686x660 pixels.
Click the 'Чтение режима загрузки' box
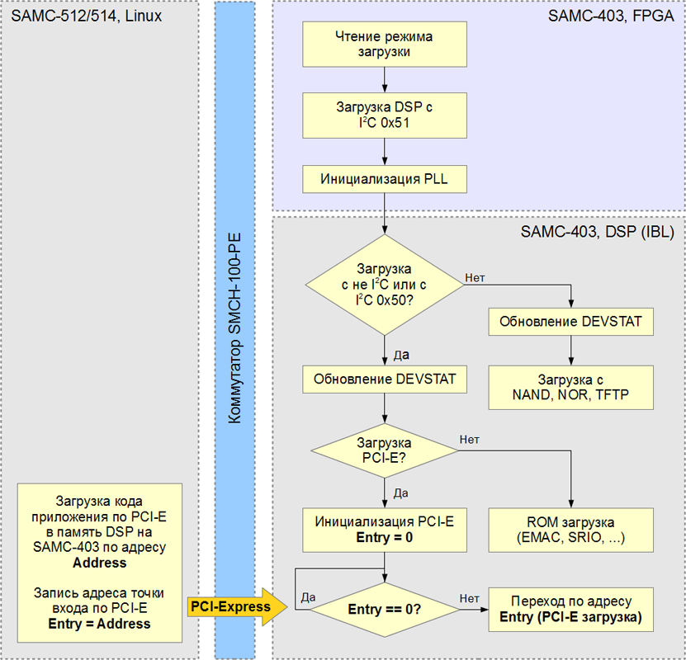coord(385,45)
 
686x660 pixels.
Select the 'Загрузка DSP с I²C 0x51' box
coord(385,115)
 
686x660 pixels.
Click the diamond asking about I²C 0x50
coord(385,285)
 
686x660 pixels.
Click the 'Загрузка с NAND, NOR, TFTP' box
coord(571,388)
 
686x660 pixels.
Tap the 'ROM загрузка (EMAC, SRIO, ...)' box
coord(571,530)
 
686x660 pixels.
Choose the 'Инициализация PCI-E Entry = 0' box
coord(385,530)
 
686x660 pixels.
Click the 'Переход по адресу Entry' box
coord(571,608)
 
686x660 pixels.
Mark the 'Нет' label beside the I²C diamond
coord(475,278)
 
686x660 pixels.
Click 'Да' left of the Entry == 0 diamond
coord(307,596)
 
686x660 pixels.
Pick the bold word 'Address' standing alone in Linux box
coord(99,563)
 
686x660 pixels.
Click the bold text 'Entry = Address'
coord(99,624)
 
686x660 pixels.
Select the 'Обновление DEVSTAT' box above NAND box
coord(571,322)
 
